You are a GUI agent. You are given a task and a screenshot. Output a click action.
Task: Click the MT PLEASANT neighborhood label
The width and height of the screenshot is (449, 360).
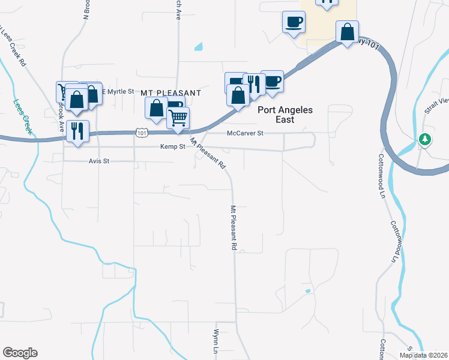170,93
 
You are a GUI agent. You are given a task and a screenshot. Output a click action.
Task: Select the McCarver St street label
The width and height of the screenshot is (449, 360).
245,134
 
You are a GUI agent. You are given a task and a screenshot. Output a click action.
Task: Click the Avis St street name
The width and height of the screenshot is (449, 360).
100,161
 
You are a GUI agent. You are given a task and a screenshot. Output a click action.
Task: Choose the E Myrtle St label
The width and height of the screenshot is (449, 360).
117,91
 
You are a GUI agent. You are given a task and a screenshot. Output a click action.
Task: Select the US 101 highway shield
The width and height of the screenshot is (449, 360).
140,133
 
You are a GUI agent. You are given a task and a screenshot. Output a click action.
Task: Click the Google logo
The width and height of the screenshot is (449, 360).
20,353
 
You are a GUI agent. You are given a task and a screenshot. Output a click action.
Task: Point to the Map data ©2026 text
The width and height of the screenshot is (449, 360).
423,355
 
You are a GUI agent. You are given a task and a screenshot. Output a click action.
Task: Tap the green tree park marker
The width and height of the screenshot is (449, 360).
425,139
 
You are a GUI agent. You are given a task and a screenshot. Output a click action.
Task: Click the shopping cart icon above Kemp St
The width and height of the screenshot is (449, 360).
178,118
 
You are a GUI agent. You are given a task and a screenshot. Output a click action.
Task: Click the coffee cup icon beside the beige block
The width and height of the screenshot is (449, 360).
294,23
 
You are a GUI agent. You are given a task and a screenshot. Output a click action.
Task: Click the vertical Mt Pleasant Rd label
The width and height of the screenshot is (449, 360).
233,227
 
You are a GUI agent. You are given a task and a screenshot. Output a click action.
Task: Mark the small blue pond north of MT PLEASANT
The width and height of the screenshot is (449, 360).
199,46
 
